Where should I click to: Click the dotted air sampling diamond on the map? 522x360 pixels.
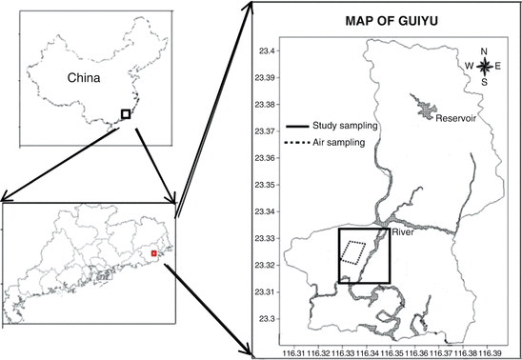353,252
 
